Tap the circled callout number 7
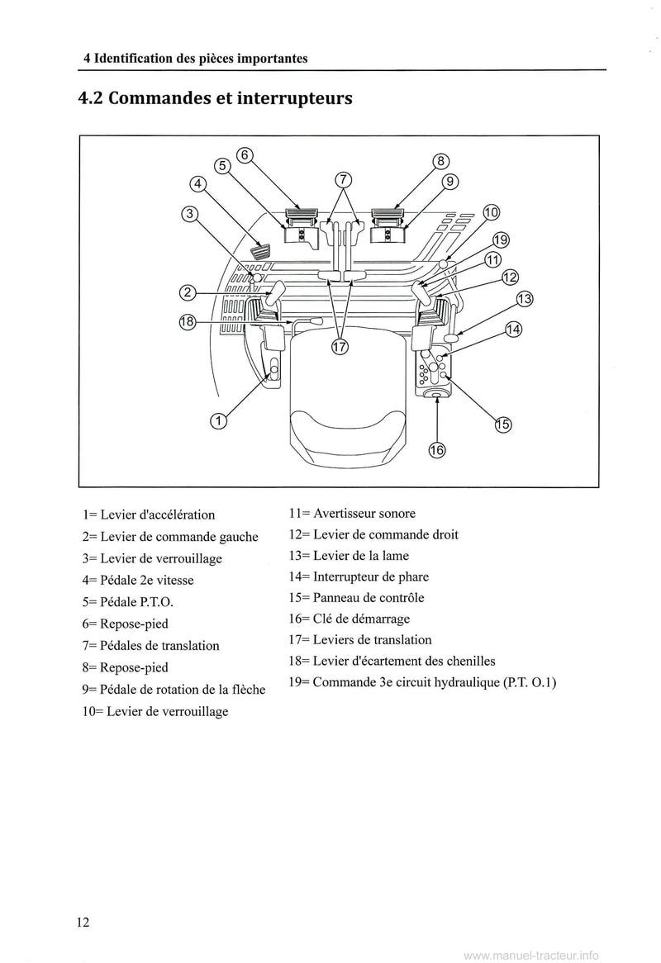point(344,180)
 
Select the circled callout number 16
point(436,450)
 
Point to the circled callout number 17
point(340,348)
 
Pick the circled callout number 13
point(525,298)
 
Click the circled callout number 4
point(197,184)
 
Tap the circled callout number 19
point(500,240)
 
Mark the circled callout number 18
point(187,323)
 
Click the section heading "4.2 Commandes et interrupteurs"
point(215,99)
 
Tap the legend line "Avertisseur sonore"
point(352,514)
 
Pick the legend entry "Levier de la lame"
point(349,556)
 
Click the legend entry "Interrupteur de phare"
point(359,576)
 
